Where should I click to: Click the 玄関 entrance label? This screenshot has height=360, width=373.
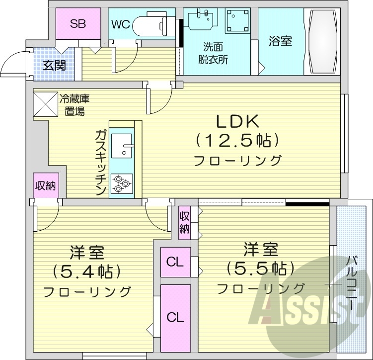coord(54,65)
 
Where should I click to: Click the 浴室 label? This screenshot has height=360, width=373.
coord(281,41)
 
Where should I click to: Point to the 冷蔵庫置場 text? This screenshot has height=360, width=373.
coord(75,104)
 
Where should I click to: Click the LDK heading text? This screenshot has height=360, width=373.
coord(236,122)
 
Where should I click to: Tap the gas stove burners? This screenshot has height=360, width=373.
coord(121,183)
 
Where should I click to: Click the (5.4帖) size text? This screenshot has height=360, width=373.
coord(87,272)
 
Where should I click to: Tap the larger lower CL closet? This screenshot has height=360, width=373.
coord(175,316)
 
